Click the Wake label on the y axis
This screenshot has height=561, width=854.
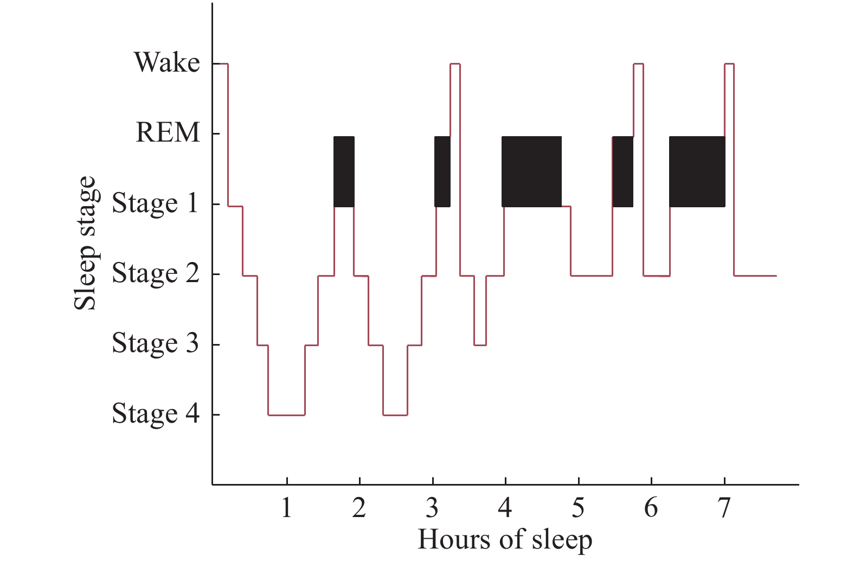tap(167, 62)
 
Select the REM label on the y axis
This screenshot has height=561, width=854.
tap(168, 132)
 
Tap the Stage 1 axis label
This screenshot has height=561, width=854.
tap(155, 203)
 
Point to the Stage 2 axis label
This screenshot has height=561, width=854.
tap(155, 273)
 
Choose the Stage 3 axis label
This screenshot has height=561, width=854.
tap(155, 343)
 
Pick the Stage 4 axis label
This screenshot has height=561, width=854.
tap(155, 413)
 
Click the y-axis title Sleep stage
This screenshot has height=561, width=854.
tap(85, 243)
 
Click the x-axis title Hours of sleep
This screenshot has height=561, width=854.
tap(505, 540)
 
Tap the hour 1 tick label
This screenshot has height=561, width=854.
tap(286, 508)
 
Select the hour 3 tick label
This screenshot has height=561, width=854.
tap(432, 508)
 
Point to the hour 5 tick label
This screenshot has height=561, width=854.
tap(578, 508)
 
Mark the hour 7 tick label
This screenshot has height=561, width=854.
tap(724, 508)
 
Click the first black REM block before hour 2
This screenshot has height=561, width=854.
tap(344, 171)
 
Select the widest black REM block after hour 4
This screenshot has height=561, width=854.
tap(531, 171)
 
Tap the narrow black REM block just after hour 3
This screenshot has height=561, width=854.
tap(442, 171)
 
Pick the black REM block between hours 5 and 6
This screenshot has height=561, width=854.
tap(622, 171)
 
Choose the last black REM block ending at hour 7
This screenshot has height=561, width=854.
tap(697, 171)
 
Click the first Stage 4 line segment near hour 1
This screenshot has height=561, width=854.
tap(286, 415)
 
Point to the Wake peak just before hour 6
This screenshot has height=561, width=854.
tap(638, 64)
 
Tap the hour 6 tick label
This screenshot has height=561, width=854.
tap(651, 508)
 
